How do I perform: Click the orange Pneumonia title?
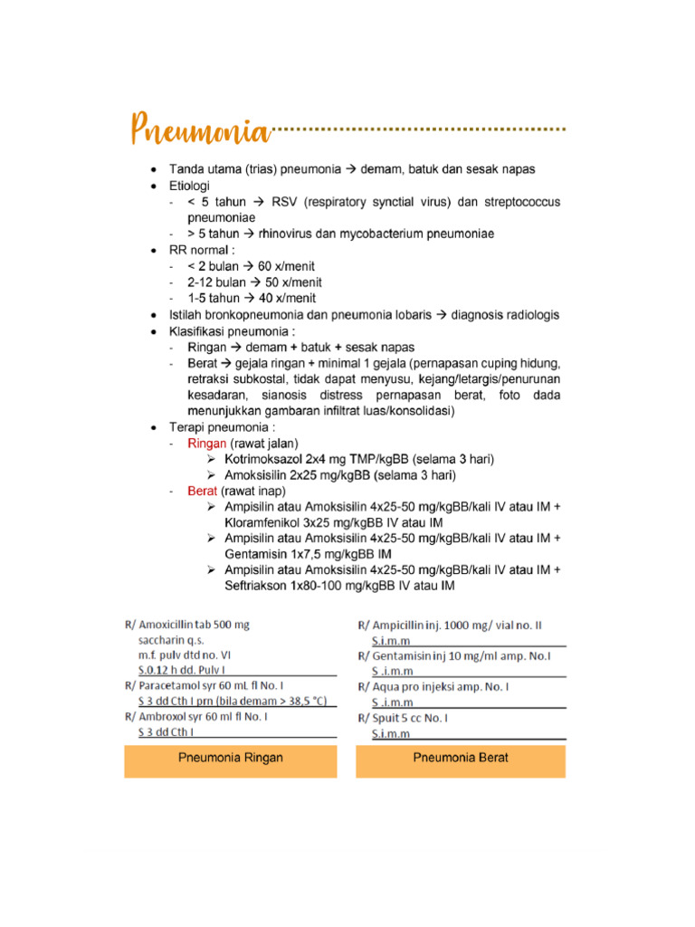[201, 130]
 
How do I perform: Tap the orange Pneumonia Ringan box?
[230, 758]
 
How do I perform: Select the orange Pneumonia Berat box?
[460, 758]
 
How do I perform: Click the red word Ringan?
[207, 444]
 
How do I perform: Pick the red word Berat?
[203, 491]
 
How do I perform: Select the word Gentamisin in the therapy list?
[260, 554]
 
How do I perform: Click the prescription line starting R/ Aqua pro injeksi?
[433, 686]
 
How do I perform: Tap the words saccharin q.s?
[173, 639]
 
